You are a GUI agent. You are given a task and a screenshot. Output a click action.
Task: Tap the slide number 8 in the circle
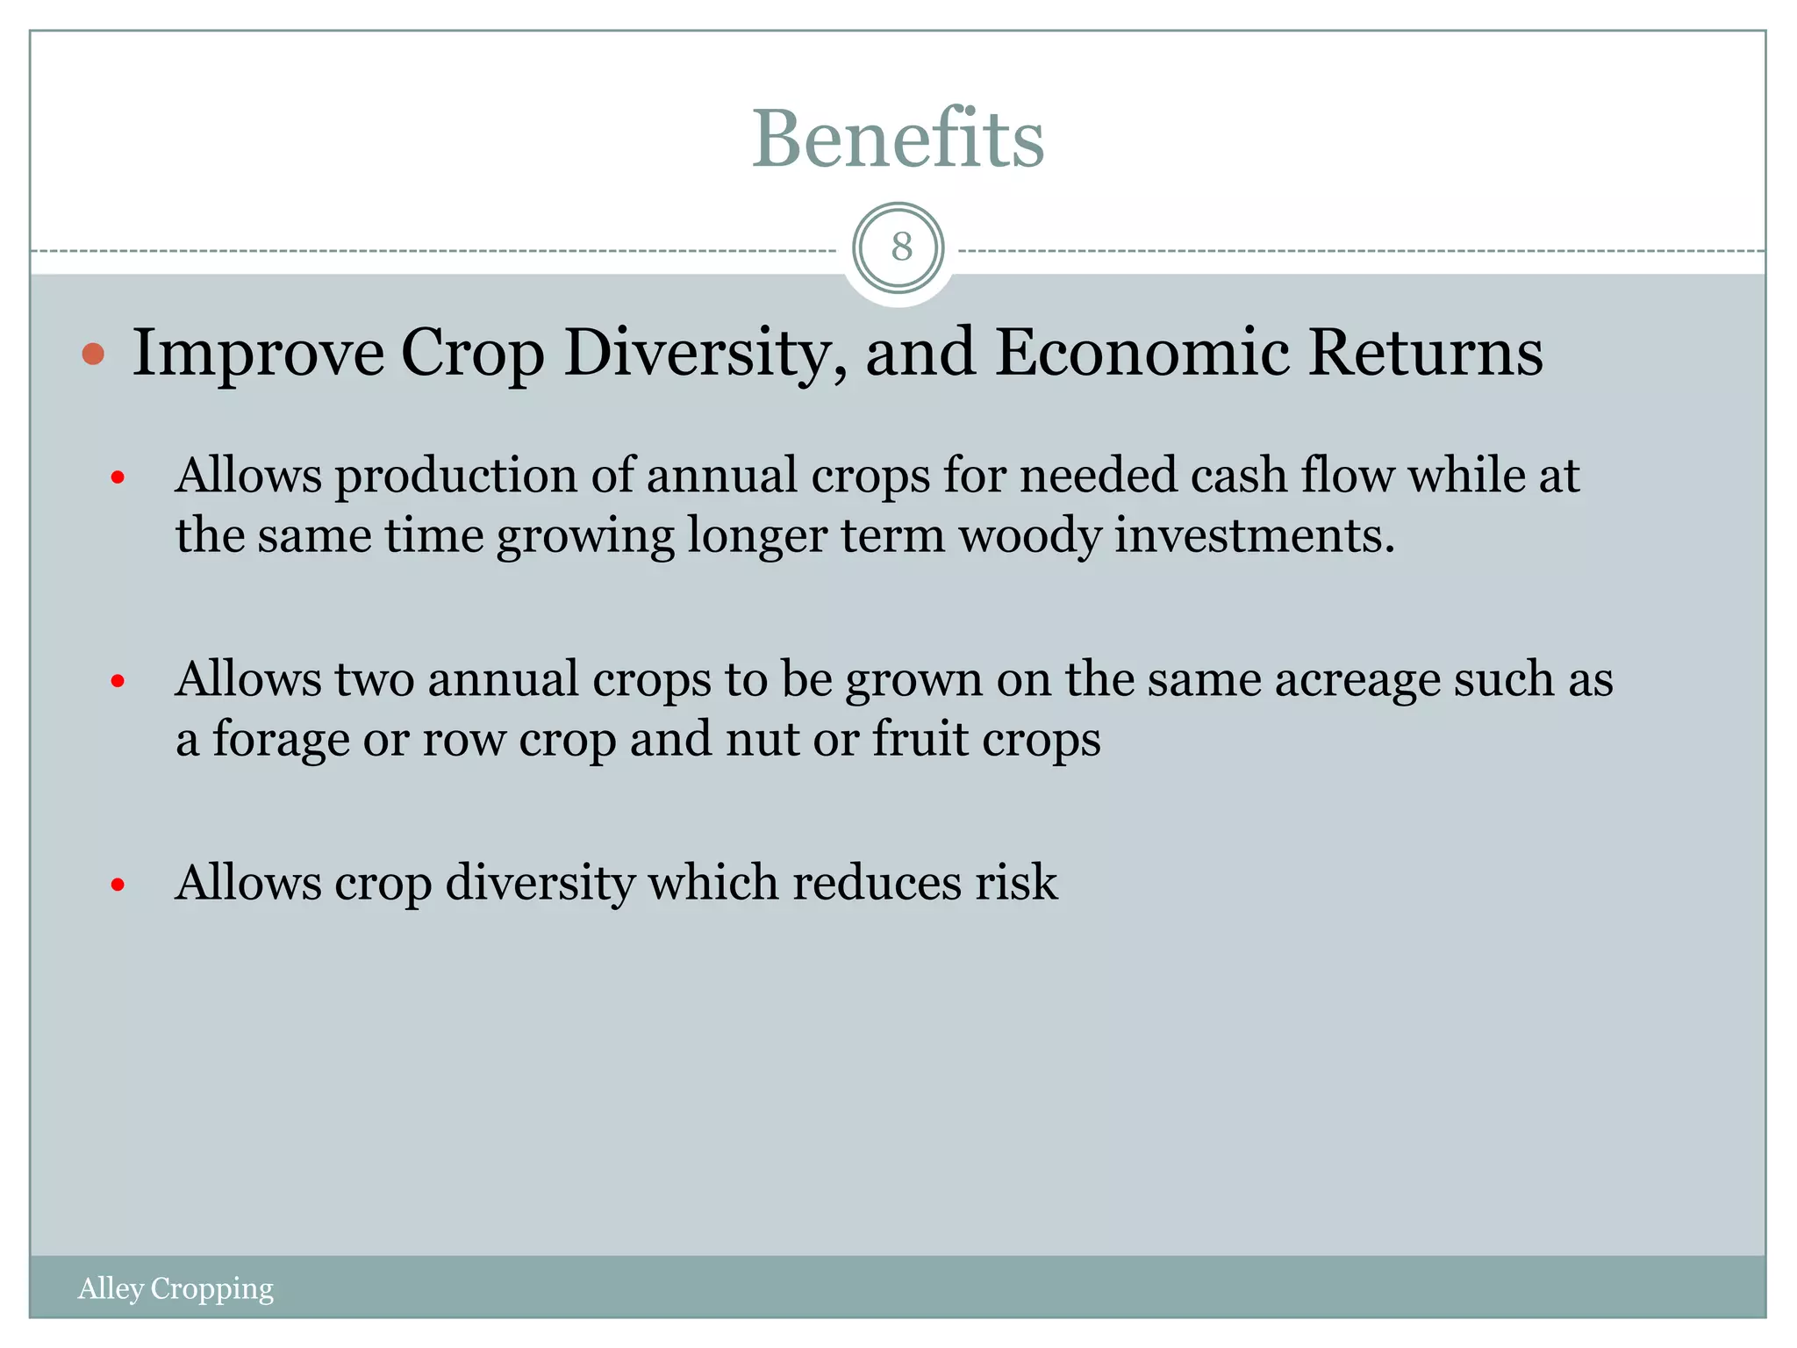click(901, 247)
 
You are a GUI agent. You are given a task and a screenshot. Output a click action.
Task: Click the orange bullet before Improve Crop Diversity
click(93, 355)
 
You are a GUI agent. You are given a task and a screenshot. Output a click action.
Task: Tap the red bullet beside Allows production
click(118, 478)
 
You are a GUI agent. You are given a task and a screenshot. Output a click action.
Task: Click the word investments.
click(1254, 535)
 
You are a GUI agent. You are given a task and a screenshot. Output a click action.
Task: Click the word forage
click(281, 739)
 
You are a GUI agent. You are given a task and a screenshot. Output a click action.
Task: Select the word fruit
click(920, 739)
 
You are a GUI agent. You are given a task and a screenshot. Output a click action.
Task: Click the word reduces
click(877, 883)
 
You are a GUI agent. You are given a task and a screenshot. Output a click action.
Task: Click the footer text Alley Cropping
click(175, 1288)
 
